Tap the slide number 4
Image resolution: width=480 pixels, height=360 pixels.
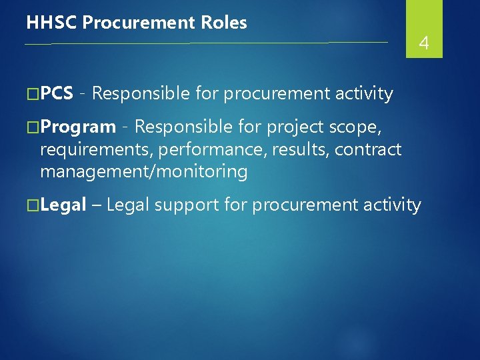423,44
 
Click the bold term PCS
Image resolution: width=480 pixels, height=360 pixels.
57,94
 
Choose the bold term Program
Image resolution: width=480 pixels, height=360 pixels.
78,127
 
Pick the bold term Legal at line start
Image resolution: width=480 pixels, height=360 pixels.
63,205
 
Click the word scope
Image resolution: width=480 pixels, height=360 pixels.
357,127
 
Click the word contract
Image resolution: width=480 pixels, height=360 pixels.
368,149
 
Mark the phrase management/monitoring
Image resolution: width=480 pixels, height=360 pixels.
143,172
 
